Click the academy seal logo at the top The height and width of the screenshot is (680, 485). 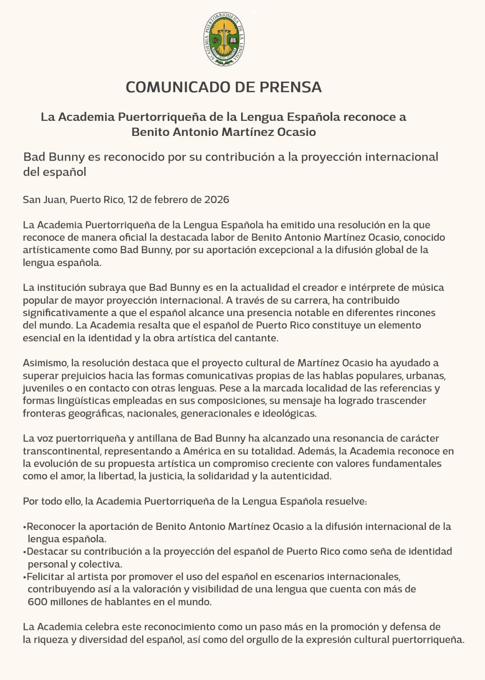[224, 39]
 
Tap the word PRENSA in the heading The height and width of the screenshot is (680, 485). [290, 87]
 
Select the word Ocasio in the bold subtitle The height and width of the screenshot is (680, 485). [296, 132]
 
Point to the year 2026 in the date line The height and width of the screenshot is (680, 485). [216, 200]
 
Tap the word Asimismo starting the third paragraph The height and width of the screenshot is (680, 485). [45, 363]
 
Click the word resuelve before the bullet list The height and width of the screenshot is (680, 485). [346, 502]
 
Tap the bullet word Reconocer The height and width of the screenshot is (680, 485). [51, 526]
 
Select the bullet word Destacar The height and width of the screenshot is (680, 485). [48, 552]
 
